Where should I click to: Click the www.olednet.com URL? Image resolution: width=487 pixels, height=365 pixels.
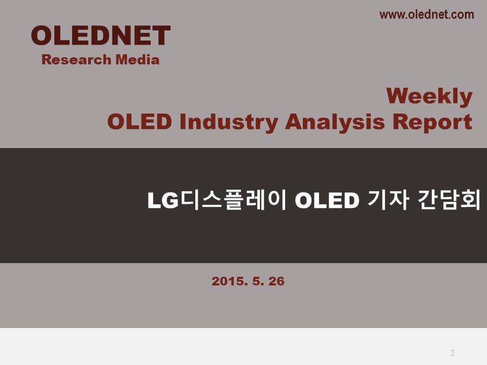point(427,15)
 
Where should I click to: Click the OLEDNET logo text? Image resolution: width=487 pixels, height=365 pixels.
point(100,35)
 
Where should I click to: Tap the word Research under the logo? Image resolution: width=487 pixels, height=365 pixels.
point(77,60)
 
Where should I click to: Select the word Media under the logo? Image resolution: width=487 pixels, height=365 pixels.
point(137,60)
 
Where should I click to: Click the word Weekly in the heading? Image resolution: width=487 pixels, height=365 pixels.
point(429,96)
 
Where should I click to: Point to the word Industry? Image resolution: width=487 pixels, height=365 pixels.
point(229,122)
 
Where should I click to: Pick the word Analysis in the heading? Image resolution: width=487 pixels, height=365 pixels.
point(335,122)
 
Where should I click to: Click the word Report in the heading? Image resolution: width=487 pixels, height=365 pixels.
point(432,122)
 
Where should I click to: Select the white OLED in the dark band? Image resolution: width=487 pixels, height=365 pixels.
point(327,201)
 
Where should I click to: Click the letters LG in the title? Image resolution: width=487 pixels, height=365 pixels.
point(163,201)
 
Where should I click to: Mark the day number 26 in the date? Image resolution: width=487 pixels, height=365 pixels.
point(276,281)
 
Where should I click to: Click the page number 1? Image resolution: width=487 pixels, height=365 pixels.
point(453,353)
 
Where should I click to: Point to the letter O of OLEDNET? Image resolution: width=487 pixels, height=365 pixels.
point(42,35)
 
